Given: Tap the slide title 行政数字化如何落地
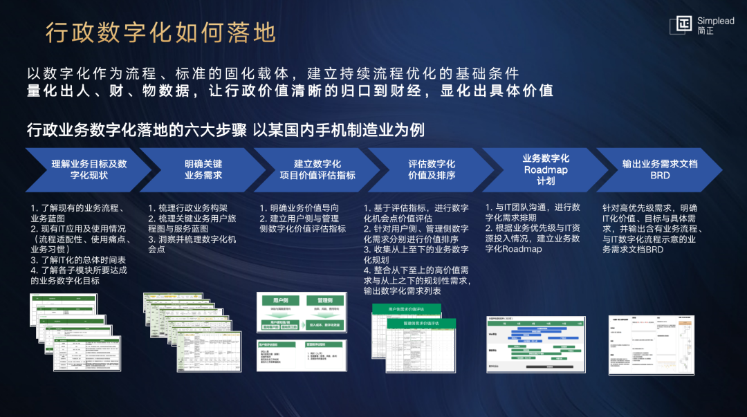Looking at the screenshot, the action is [x=160, y=33].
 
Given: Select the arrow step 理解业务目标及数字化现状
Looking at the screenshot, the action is [x=89, y=169].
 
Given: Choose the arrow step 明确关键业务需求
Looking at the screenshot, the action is [x=203, y=169].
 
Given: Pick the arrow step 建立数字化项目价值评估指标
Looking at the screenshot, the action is [x=317, y=169].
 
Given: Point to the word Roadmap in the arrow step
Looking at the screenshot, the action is [x=546, y=169].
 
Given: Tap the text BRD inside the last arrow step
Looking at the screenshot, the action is [x=660, y=176].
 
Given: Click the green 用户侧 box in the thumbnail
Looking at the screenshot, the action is [x=280, y=301].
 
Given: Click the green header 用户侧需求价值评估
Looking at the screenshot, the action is [x=414, y=309].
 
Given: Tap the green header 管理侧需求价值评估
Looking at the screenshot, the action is [x=423, y=323].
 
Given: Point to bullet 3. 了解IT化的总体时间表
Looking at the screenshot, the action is [x=77, y=259].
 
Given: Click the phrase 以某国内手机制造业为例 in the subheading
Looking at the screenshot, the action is [x=338, y=130].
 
